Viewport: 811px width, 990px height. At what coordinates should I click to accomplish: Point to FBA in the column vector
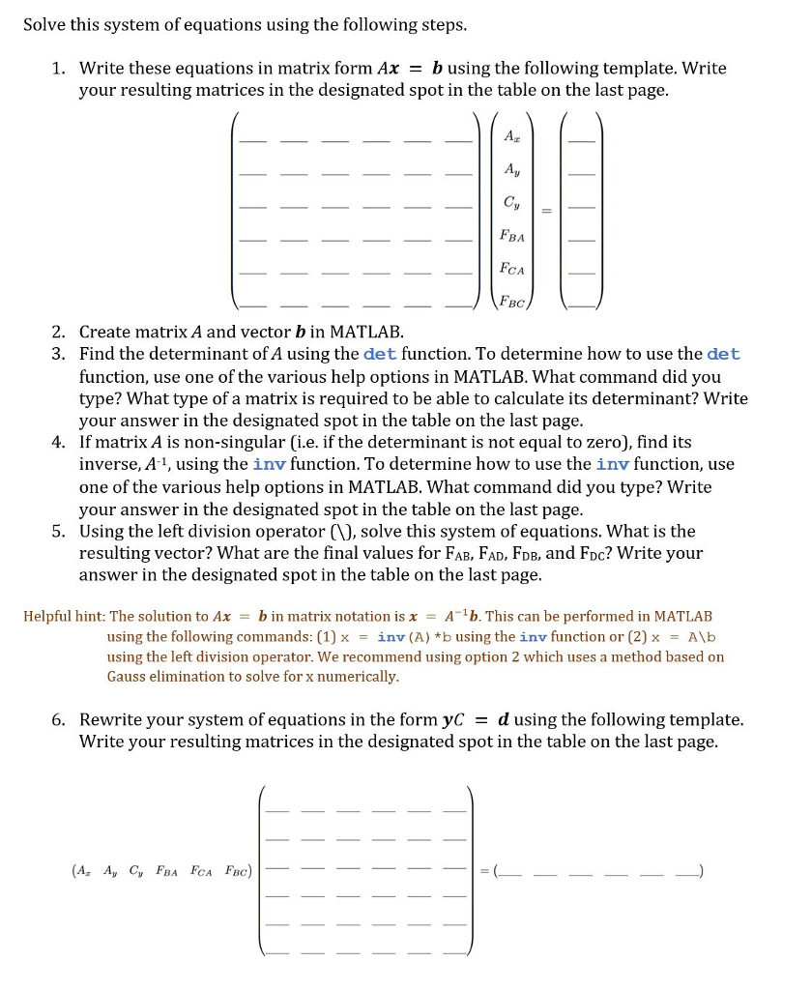click(511, 235)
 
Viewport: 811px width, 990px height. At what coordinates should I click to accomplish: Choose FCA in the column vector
click(511, 269)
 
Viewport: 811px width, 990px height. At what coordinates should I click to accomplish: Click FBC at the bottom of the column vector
click(511, 302)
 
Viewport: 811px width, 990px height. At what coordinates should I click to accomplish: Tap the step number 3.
click(59, 354)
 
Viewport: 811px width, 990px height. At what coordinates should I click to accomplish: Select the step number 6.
click(59, 720)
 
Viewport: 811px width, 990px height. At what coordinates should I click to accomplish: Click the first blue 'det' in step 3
click(379, 354)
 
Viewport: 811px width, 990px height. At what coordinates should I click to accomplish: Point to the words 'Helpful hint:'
click(64, 616)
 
